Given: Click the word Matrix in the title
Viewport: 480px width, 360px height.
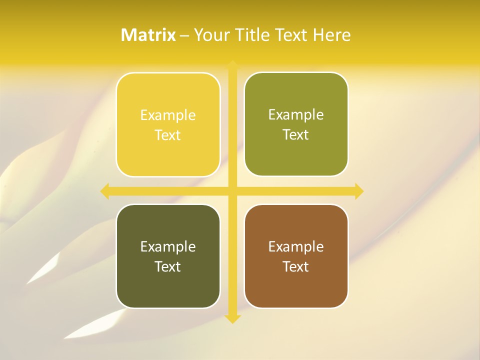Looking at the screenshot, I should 148,35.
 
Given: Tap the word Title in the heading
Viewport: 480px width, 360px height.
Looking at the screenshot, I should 251,35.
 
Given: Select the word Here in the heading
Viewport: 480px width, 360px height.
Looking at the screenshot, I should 331,35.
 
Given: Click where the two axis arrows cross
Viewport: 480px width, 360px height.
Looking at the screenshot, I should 232,191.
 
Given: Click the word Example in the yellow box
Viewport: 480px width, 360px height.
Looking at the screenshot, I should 168,115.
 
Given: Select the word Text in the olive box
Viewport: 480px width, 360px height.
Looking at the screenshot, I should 296,135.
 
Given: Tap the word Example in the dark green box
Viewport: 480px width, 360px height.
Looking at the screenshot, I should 168,246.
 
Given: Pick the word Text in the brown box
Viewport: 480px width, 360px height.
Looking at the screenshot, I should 296,266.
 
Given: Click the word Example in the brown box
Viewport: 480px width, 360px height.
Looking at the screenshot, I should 296,246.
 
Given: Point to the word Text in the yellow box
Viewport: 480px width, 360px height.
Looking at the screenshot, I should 168,135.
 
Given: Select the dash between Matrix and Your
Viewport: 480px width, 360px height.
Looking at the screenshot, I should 184,35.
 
